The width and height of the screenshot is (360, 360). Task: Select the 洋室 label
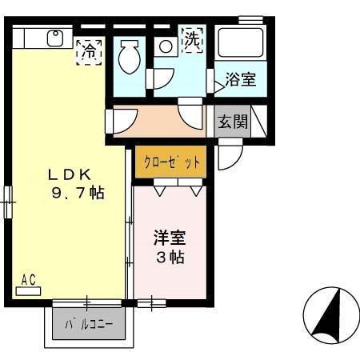click(x=169, y=238)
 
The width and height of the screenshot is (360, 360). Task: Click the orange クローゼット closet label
click(x=170, y=162)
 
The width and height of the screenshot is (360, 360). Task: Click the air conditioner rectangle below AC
click(x=29, y=290)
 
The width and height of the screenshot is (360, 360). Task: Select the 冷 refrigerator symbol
click(x=89, y=50)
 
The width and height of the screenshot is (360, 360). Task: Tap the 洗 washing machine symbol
click(x=192, y=40)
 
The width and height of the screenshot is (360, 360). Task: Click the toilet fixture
click(x=128, y=55)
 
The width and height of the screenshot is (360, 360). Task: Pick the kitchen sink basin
click(x=56, y=38)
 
